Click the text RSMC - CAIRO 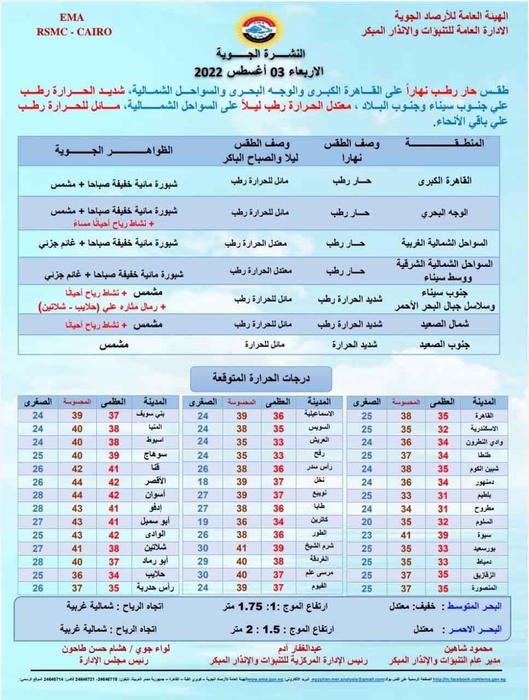pos(74,32)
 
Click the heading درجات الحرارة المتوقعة pos(261,378)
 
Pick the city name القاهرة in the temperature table pos(482,416)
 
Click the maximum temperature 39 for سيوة pos(443,535)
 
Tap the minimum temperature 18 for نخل pos(203,482)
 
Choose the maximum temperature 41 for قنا pos(114,469)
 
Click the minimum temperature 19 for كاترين pos(203,522)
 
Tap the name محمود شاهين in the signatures pos(472,649)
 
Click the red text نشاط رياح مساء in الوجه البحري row pos(107,224)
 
